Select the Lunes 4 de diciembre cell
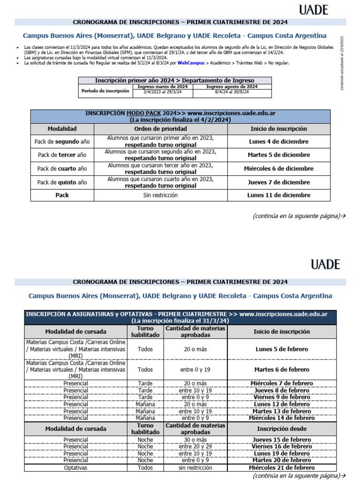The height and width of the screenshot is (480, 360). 278,141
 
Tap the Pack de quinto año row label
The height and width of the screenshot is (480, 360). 62,182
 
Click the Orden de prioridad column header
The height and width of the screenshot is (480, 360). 160,128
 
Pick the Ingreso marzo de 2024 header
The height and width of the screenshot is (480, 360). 162,87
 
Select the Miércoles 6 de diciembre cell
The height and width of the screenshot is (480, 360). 278,168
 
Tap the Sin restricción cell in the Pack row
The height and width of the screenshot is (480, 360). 160,195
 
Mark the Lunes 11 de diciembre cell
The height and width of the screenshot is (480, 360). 278,195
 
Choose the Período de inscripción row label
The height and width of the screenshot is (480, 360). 105,91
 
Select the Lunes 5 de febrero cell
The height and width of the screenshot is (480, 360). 282,349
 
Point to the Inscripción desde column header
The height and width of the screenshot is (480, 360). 282,428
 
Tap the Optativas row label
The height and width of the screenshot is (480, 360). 75,468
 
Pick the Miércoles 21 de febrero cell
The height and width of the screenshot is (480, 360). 282,468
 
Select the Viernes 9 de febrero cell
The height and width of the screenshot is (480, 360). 282,397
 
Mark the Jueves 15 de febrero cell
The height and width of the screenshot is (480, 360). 282,440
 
